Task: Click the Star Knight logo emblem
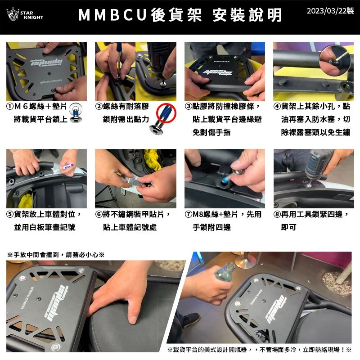(x=13, y=14)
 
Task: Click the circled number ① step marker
(x=10, y=106)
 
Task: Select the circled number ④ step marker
(x=277, y=106)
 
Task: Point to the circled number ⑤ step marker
(x=10, y=214)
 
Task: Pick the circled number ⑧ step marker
(x=277, y=214)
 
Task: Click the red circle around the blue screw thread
(x=166, y=113)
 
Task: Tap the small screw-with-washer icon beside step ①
(x=76, y=113)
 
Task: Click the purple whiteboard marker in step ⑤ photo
(x=67, y=167)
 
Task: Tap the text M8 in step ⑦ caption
(x=198, y=214)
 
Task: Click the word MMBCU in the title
(x=112, y=15)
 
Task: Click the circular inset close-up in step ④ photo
(x=334, y=60)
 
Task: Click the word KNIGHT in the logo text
(x=33, y=18)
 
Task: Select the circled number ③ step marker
(x=188, y=106)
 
